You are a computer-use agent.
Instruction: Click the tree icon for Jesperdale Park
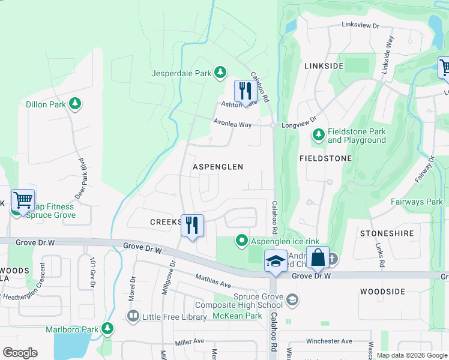pyautogui.click(x=220, y=73)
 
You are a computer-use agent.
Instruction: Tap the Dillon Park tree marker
pyautogui.click(x=75, y=104)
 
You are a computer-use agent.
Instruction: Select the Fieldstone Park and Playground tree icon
pyautogui.click(x=319, y=136)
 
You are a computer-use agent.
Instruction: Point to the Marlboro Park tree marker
pyautogui.click(x=107, y=328)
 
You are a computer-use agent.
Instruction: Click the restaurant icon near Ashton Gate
pyautogui.click(x=245, y=92)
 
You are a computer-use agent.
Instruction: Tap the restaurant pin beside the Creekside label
pyautogui.click(x=192, y=226)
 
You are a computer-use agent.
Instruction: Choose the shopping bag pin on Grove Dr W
pyautogui.click(x=318, y=258)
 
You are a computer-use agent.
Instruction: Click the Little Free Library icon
pyautogui.click(x=133, y=316)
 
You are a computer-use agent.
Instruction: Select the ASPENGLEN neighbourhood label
pyautogui.click(x=218, y=167)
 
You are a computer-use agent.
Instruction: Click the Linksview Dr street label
pyautogui.click(x=360, y=26)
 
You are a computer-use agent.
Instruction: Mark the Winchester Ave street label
pyautogui.click(x=329, y=341)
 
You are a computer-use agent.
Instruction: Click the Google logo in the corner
pyautogui.click(x=20, y=353)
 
